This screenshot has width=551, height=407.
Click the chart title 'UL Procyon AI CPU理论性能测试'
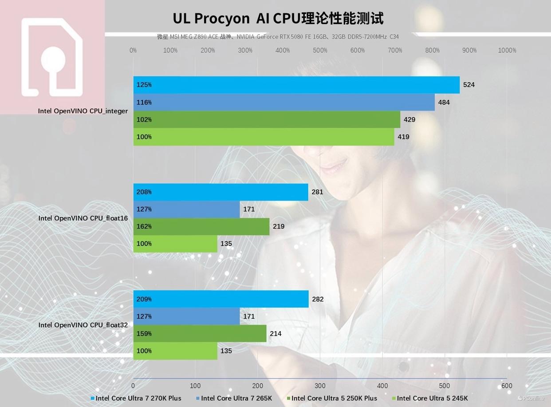pyautogui.click(x=278, y=19)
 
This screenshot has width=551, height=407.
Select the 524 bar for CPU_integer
pyautogui.click(x=296, y=85)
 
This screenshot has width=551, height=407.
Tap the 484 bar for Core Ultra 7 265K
pyautogui.click(x=284, y=102)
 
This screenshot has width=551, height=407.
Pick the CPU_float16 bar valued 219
pyautogui.click(x=201, y=226)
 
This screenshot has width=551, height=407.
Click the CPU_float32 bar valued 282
pyautogui.click(x=221, y=299)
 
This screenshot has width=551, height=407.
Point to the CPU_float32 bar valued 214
pyautogui.click(x=200, y=334)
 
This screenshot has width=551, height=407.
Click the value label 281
pyautogui.click(x=317, y=192)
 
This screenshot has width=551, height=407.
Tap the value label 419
pyautogui.click(x=403, y=137)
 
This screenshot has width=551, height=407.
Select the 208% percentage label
pyautogui.click(x=144, y=192)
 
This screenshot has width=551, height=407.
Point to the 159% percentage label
pyautogui.click(x=144, y=334)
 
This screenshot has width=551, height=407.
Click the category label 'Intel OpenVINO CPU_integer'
pyautogui.click(x=83, y=111)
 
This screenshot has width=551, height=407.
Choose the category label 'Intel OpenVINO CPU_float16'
pyautogui.click(x=83, y=218)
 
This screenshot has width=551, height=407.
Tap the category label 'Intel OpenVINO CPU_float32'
pyautogui.click(x=83, y=325)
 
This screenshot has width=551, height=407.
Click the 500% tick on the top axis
pyautogui.click(x=320, y=51)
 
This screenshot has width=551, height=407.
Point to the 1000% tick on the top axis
pyautogui.click(x=507, y=51)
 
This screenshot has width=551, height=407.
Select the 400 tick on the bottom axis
pyautogui.click(x=382, y=386)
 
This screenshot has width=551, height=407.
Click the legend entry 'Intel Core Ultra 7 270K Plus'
pyautogui.click(x=138, y=398)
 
